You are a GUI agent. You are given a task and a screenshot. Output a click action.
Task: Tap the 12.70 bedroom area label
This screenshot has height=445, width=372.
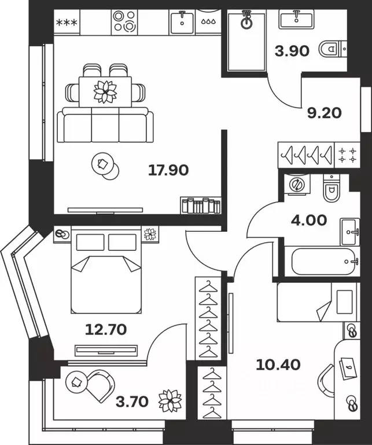106,330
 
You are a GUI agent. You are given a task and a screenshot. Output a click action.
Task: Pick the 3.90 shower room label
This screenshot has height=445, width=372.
292,50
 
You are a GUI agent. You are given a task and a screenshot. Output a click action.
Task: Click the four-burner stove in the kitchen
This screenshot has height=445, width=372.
124,22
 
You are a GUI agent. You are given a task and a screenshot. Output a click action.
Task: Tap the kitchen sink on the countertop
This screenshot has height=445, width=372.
182,22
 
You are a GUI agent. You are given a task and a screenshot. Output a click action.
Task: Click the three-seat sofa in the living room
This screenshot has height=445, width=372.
105,126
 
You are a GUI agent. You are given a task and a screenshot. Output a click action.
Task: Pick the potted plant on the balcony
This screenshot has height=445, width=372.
170,400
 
